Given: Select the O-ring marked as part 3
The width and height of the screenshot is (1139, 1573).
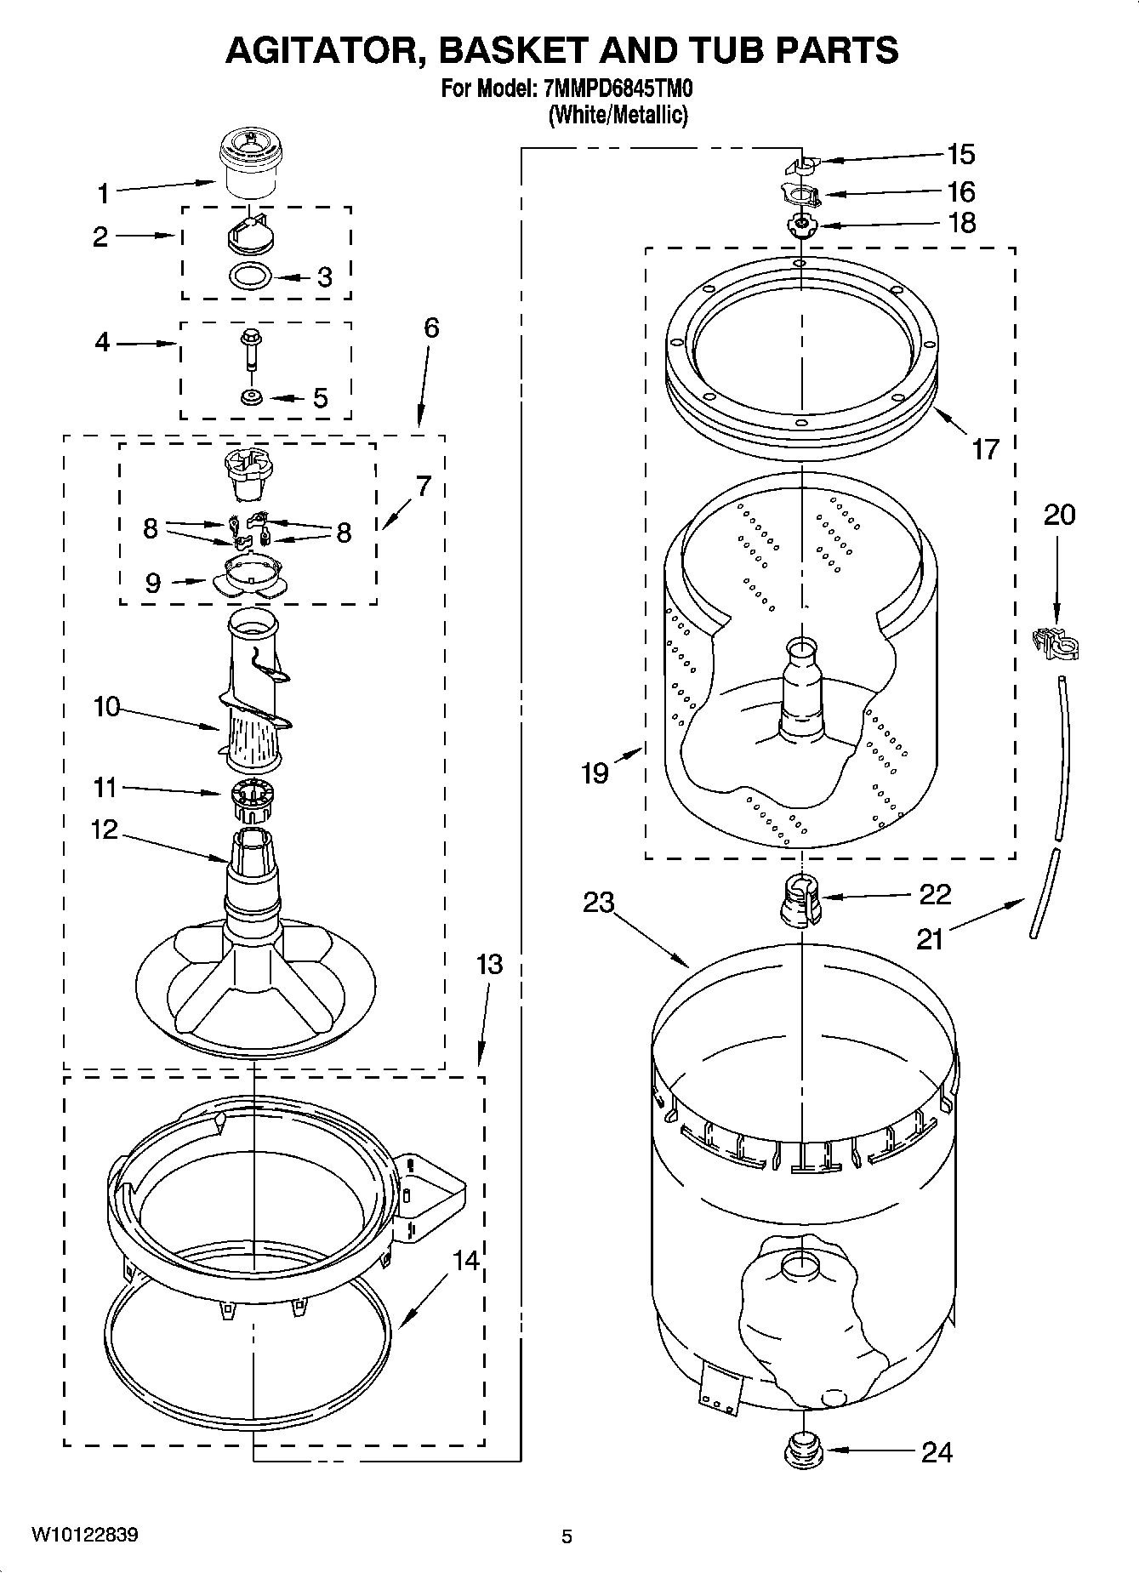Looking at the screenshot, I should [x=252, y=276].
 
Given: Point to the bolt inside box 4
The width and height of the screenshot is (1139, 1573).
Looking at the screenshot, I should [x=251, y=349].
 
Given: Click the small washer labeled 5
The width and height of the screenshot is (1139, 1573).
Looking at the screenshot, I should [x=252, y=397].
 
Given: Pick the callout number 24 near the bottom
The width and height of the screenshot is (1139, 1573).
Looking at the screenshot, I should [x=937, y=1451].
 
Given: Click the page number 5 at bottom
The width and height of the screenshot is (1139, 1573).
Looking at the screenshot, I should [x=567, y=1536].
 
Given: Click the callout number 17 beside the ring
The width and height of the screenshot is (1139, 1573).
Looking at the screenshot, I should [x=984, y=448].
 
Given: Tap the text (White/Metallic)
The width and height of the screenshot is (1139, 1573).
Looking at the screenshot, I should [x=618, y=115].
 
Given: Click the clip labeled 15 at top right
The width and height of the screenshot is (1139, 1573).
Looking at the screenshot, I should [x=800, y=162].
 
